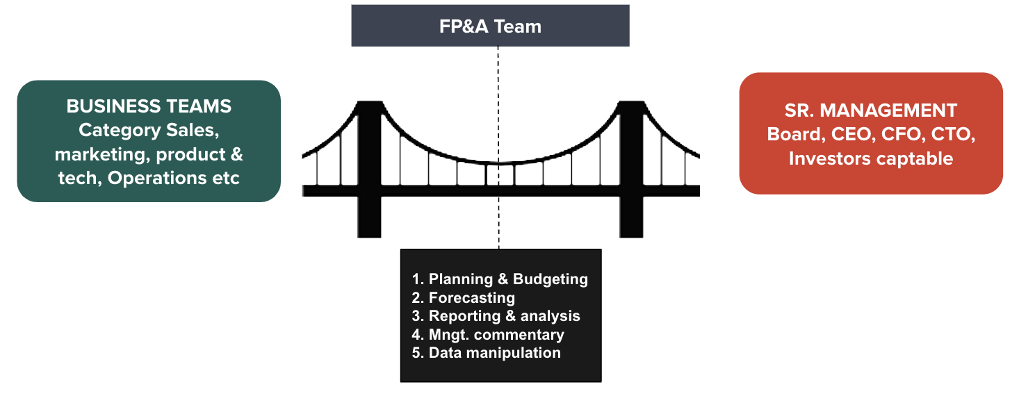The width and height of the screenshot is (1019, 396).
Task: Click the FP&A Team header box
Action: coord(490,26)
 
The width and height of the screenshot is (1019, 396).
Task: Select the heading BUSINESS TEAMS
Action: coord(149,106)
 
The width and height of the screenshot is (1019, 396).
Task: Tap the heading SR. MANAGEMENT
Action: coord(870,110)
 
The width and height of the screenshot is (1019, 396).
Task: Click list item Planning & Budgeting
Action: coord(500,279)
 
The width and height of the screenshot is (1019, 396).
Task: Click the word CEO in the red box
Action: coord(850,134)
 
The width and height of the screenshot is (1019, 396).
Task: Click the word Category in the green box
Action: coord(118,130)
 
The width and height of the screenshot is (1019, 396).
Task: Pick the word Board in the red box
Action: coord(793,134)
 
